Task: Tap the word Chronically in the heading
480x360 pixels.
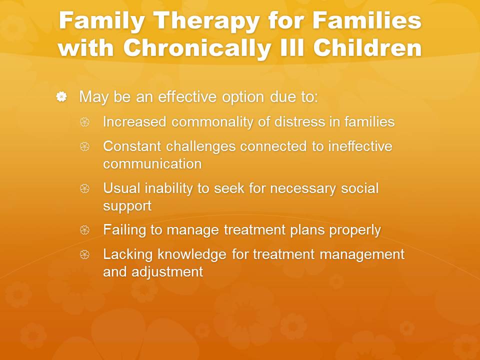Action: coord(197,48)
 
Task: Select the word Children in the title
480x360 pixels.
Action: coord(367,48)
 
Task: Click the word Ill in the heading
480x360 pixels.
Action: coord(292,48)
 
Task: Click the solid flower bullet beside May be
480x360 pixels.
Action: coord(61,96)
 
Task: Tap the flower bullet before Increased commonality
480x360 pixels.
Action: coord(85,122)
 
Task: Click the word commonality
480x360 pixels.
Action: coord(212,122)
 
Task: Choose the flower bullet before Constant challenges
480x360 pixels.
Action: coord(85,146)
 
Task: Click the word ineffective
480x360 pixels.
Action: coord(360,146)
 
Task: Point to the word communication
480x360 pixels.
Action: coord(152,163)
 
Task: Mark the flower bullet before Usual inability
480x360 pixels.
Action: coord(85,188)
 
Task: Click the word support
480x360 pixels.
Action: coord(127,206)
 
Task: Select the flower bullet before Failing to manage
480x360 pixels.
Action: coord(85,230)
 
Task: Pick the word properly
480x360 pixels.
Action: coord(355,230)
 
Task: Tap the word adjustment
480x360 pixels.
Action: coord(167,272)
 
